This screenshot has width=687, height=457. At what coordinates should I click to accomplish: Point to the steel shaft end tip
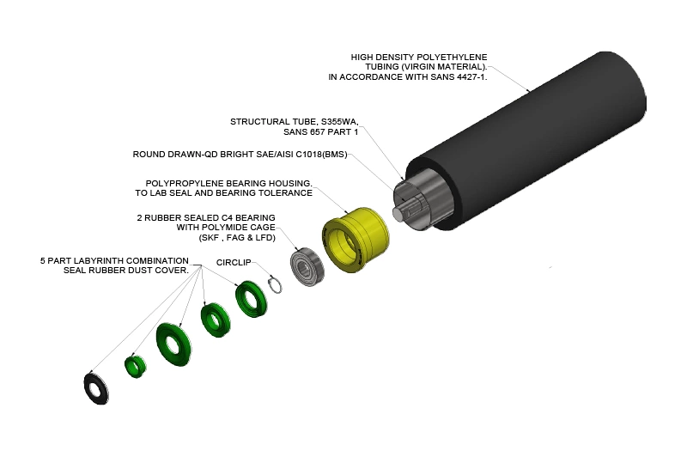(x=398, y=213)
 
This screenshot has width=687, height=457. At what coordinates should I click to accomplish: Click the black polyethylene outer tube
(x=526, y=140)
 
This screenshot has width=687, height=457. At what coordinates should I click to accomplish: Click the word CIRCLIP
(x=234, y=263)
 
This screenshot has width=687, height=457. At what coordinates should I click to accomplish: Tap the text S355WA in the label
(x=339, y=122)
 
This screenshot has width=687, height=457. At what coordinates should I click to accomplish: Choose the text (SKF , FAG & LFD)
(x=237, y=238)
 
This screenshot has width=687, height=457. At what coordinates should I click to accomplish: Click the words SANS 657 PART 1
(x=320, y=132)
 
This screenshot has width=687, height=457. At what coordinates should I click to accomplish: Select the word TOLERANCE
(x=285, y=193)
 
